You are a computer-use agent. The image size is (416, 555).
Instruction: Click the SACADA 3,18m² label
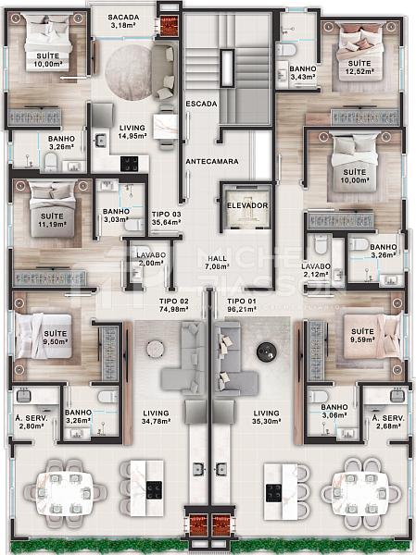[122, 21]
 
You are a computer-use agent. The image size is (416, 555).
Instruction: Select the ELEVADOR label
[247, 204]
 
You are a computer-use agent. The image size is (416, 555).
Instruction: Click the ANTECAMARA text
[212, 161]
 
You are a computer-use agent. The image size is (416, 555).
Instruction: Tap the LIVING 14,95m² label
[132, 131]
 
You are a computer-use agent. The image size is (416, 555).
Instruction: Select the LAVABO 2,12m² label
[316, 270]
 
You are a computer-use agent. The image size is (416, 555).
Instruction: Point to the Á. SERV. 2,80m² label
[31, 422]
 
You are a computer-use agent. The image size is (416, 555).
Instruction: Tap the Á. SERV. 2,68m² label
[385, 422]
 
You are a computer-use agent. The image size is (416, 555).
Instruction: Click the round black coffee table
[267, 350]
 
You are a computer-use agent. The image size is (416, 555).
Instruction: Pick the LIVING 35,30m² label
[267, 418]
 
